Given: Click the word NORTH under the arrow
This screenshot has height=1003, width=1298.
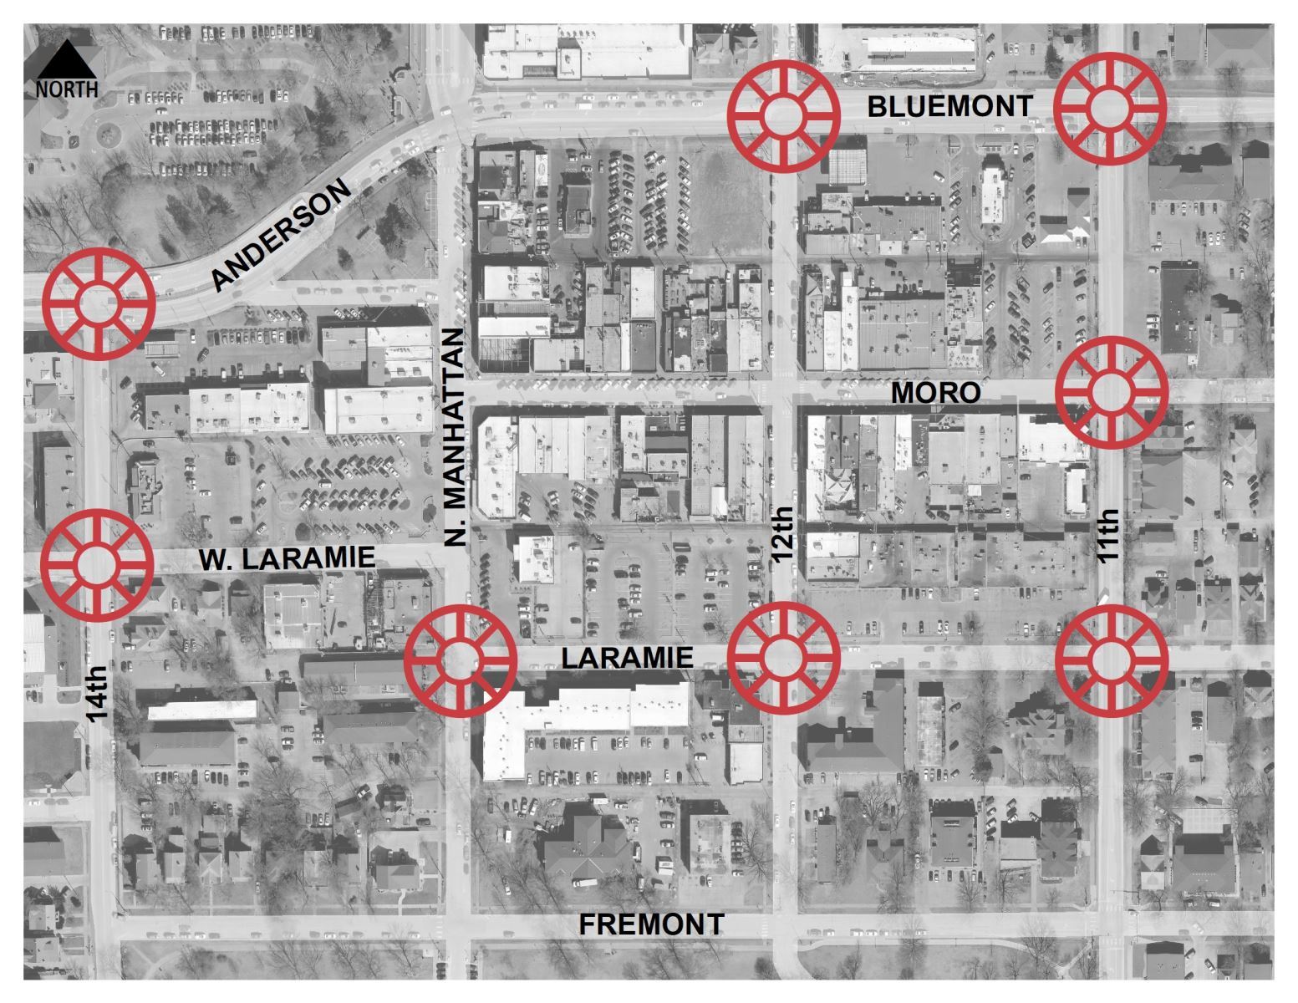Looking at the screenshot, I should click(x=66, y=89).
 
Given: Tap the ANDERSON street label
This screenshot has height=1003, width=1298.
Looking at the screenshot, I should click(x=281, y=237).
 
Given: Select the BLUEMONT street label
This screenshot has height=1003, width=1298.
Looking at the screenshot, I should click(x=949, y=107).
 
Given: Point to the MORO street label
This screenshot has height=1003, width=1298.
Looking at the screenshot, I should click(x=935, y=393).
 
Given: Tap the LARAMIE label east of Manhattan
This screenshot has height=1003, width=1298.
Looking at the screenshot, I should click(x=627, y=658).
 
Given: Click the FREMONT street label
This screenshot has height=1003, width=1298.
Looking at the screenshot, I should click(x=652, y=924).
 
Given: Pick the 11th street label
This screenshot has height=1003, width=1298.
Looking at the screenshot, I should click(x=1108, y=536).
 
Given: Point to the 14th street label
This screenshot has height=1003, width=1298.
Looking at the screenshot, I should click(x=98, y=692).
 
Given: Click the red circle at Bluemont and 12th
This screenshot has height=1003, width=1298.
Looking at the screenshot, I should click(x=783, y=115).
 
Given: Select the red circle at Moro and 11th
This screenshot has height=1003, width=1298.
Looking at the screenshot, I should click(x=1111, y=391).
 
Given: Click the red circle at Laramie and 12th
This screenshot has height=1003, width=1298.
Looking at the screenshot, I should click(x=783, y=657).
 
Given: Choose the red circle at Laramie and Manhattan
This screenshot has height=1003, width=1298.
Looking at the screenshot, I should click(x=460, y=659).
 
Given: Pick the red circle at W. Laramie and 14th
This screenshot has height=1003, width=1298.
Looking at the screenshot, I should click(x=97, y=565).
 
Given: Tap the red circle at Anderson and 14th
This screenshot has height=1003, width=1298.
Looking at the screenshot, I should click(x=99, y=302).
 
